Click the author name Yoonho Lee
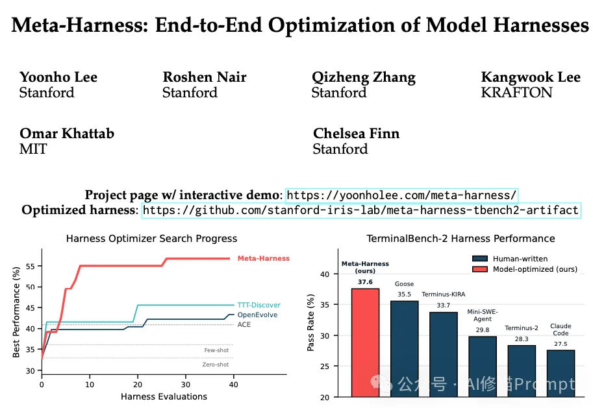click(59, 77)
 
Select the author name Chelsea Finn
click(356, 134)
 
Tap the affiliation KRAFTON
click(516, 92)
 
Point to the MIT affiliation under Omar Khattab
click(33, 149)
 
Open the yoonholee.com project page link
click(401, 195)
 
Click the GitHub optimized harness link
click(360, 210)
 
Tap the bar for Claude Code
click(561, 373)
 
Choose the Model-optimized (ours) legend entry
click(535, 269)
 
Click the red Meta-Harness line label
click(263, 258)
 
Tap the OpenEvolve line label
click(257, 315)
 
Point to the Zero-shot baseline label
click(216, 365)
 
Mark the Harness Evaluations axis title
click(164, 396)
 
